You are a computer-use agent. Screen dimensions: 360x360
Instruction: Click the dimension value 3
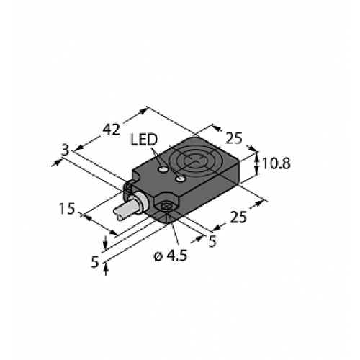[x=66, y=150]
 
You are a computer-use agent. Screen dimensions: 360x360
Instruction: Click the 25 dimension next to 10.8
[x=234, y=138]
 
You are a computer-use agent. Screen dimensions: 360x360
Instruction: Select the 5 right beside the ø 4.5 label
[x=212, y=242]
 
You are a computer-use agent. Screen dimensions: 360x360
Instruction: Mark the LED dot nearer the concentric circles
[x=181, y=177]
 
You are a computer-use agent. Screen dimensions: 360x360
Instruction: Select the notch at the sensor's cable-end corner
[x=129, y=189]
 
